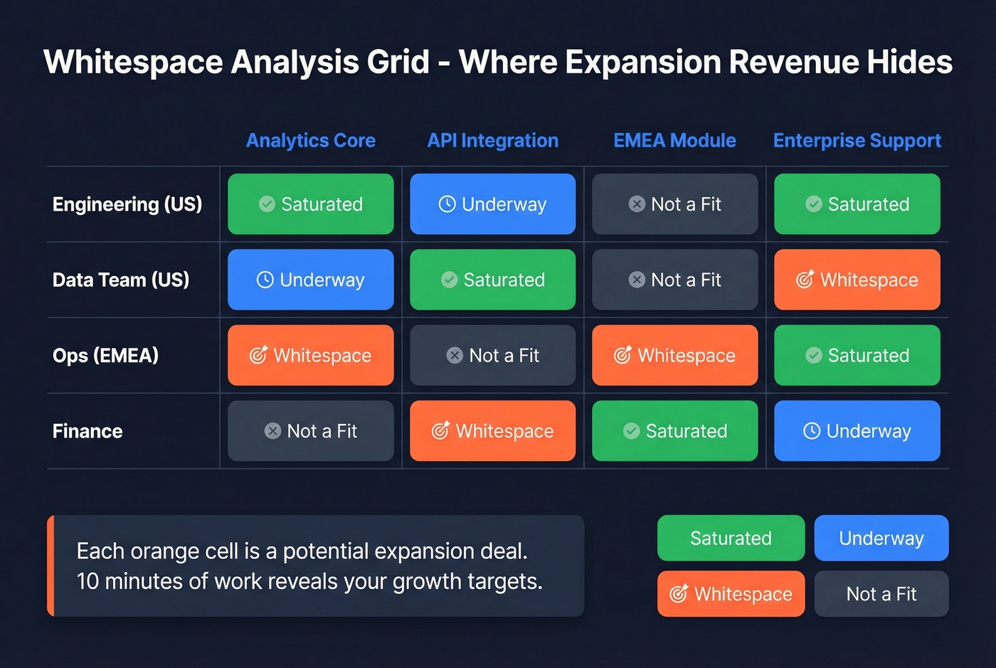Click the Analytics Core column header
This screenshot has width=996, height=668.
coord(311,141)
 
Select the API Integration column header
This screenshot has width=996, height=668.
coord(493,141)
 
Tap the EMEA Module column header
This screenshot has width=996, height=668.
coord(674,141)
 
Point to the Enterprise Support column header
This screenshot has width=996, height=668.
coord(857,141)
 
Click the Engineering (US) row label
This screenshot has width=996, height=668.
coord(127,204)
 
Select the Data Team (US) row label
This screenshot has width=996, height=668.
coord(121,280)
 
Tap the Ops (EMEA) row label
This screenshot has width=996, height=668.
coord(105,355)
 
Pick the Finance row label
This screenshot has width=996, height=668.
coord(88,431)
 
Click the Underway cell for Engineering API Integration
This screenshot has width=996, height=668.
coord(493,204)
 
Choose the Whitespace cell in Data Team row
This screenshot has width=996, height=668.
coord(857,280)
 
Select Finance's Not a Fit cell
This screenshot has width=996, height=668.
coord(311,431)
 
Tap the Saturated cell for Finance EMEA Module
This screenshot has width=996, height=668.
coord(674,431)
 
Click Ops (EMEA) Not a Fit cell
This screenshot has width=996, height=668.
coord(493,355)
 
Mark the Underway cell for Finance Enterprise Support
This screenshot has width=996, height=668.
coord(857,431)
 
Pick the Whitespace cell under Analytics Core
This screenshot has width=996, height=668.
coord(311,355)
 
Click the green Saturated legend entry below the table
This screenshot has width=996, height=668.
coord(731,538)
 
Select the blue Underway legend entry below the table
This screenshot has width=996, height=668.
coord(881,538)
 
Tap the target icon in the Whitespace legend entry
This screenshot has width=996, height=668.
coord(679,593)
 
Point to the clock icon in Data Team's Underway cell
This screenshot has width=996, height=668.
coord(265,280)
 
